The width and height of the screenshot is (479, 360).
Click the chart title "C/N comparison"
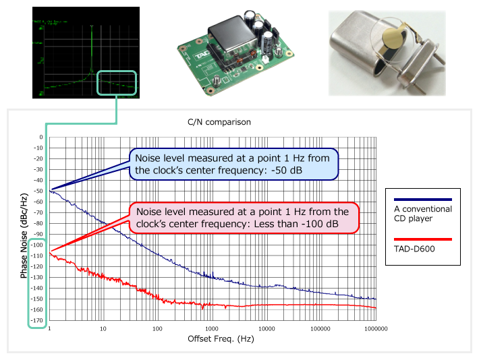coord(219,123)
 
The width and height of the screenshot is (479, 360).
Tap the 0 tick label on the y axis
coord(41,137)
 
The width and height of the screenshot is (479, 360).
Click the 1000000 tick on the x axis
coord(375,329)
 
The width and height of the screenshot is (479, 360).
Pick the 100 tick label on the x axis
coord(157,329)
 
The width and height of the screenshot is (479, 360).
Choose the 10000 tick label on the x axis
coord(266,329)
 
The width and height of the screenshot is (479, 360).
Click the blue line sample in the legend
coord(422,200)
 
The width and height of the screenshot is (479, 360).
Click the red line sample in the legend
coord(422,239)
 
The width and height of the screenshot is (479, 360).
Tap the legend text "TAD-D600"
coord(413,249)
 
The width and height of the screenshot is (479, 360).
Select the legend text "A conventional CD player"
coord(422,214)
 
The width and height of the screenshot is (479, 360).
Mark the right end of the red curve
coord(375,308)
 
